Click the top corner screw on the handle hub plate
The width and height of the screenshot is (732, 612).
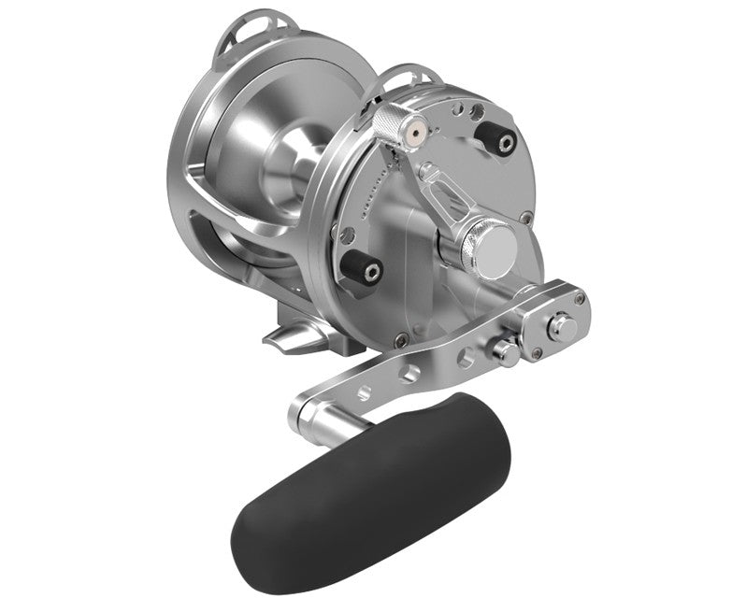(x=580, y=298)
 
